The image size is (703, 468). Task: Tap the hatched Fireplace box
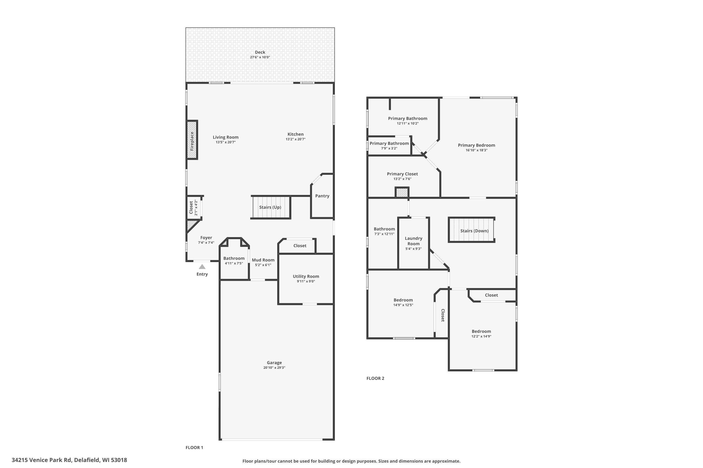[x=192, y=140]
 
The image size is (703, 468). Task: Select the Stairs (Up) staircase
[x=270, y=207]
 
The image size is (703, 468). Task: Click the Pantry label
[x=322, y=196]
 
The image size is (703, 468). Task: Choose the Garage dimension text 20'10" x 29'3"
[x=274, y=368]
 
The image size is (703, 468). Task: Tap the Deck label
[x=260, y=52]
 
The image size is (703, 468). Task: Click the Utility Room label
[x=306, y=276]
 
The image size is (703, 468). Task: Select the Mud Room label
[x=263, y=260]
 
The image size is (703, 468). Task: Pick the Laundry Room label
[x=414, y=241]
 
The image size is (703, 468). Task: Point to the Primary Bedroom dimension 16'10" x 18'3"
[x=476, y=150]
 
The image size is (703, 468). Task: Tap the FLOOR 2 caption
[x=375, y=378]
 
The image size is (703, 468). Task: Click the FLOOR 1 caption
[x=194, y=447]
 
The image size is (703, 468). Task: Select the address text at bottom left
[x=69, y=460]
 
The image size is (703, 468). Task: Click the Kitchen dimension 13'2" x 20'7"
[x=295, y=139]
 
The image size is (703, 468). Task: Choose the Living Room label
[x=226, y=137]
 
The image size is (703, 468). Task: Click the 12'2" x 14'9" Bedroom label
[x=481, y=331]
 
